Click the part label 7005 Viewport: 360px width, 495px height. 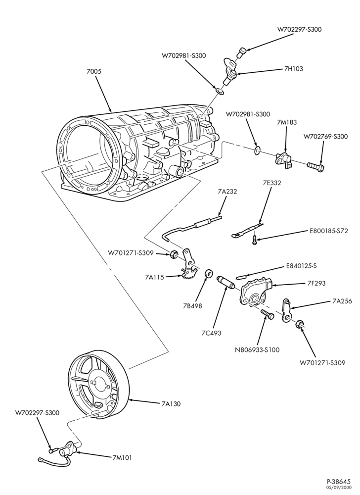(x=94, y=71)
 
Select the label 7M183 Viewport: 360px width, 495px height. (x=286, y=122)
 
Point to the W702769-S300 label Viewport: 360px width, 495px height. (x=326, y=137)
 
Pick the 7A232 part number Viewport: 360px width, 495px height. (x=227, y=192)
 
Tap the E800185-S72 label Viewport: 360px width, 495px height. (x=328, y=231)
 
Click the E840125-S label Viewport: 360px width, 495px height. (x=301, y=266)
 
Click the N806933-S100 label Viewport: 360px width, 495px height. (x=257, y=350)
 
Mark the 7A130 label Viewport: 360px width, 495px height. (x=171, y=404)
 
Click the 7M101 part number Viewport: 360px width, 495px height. (x=122, y=458)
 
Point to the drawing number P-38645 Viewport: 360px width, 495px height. (x=339, y=482)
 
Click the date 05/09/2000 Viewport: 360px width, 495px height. (x=341, y=488)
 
